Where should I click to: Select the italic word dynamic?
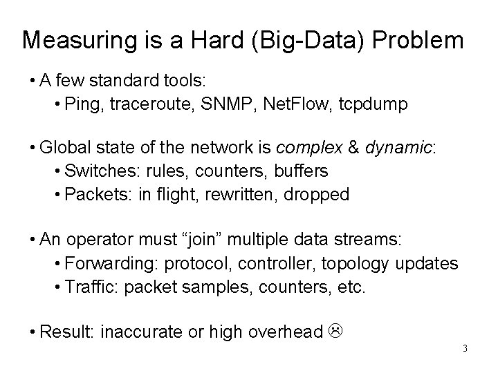point(394,148)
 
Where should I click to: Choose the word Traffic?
point(87,286)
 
